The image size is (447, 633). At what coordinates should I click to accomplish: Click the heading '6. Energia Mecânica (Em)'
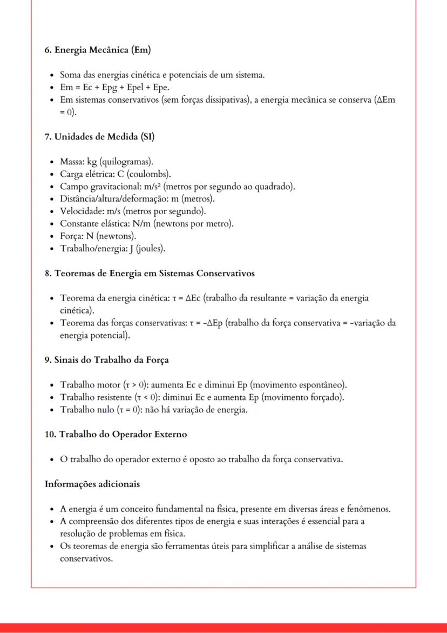pyautogui.click(x=97, y=50)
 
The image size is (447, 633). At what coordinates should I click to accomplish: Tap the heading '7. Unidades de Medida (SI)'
pyautogui.click(x=99, y=137)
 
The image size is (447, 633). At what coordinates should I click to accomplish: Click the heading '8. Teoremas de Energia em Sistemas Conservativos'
pyautogui.click(x=150, y=274)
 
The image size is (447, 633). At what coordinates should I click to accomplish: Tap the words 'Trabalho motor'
pyautogui.click(x=86, y=385)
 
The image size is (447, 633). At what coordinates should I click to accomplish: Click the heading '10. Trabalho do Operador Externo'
pyautogui.click(x=116, y=435)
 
